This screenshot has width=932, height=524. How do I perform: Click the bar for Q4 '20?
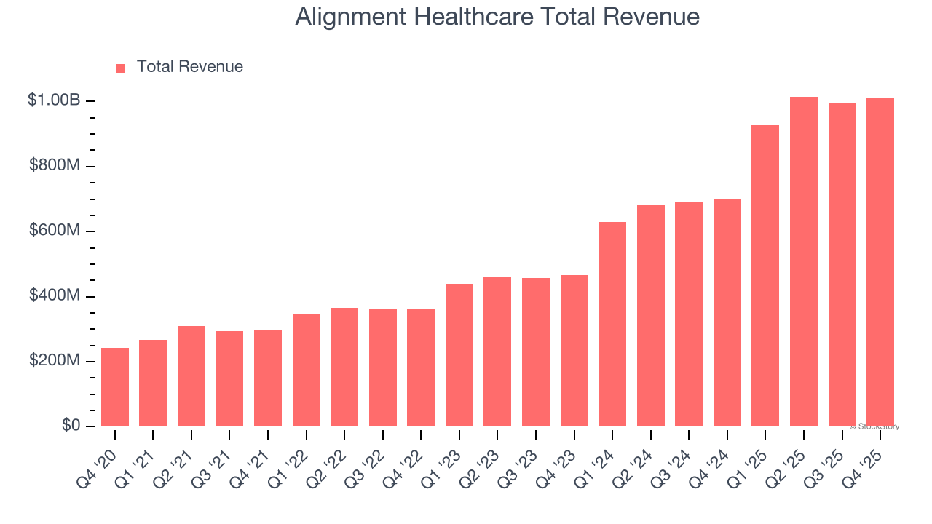point(115,387)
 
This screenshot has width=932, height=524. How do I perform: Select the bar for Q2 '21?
point(191,376)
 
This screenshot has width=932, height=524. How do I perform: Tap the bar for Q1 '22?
point(307,370)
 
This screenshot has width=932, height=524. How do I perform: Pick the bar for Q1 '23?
point(459,355)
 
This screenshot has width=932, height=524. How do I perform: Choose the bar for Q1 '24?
point(612,324)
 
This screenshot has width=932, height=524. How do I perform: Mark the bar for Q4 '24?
point(727,312)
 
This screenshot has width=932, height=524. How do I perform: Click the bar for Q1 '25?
point(765,276)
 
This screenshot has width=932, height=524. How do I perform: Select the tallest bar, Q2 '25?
point(804,261)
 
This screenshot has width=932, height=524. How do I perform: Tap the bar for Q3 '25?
point(842,265)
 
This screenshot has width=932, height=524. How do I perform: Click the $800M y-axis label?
point(54,166)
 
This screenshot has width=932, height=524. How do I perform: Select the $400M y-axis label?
point(54,296)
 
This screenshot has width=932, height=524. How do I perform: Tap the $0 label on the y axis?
point(70,426)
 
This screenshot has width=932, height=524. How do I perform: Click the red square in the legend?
point(121,68)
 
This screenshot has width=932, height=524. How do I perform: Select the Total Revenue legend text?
point(189,67)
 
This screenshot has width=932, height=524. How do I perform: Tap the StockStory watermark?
point(874,426)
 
